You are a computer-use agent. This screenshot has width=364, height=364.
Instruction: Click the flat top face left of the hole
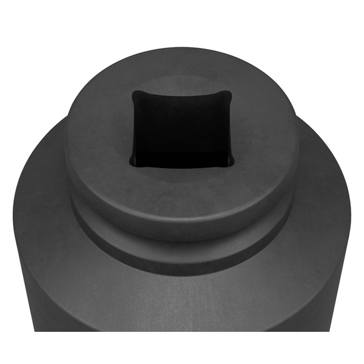(97, 130)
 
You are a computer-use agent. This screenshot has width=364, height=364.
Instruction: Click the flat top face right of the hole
(267, 130)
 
